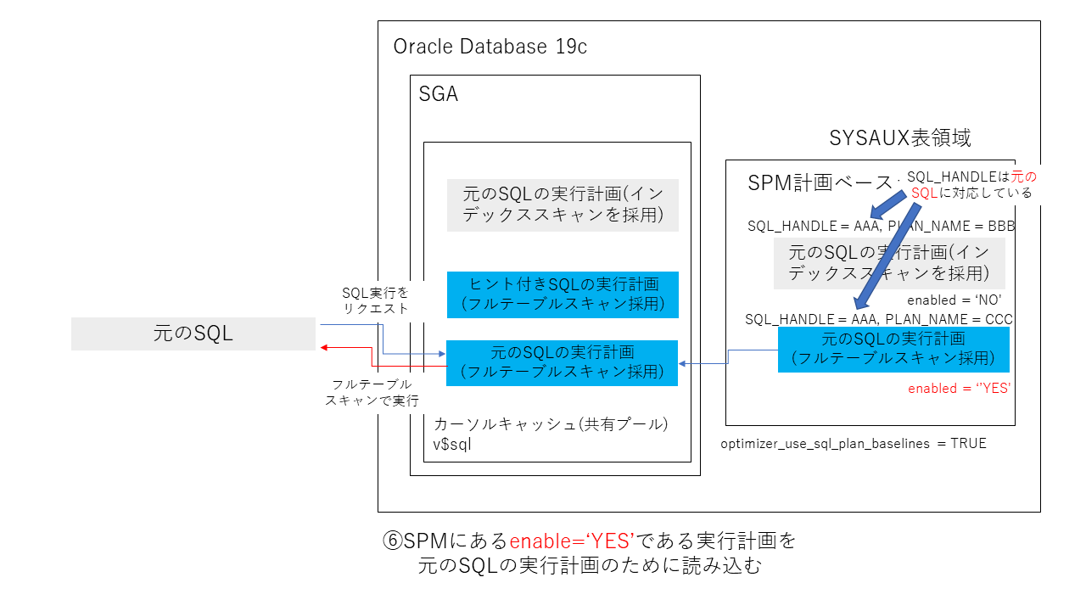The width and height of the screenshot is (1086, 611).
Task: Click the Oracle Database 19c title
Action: (490, 47)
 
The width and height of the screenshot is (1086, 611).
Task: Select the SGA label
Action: (438, 94)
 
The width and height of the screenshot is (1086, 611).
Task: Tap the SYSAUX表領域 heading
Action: (899, 138)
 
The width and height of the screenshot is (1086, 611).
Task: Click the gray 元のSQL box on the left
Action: (193, 334)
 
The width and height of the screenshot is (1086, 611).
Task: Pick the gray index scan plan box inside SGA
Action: (563, 205)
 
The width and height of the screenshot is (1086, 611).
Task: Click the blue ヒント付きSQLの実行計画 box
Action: (563, 294)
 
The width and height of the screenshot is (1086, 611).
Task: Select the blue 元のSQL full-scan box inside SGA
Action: (563, 362)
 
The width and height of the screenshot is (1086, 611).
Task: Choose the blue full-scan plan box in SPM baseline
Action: (893, 349)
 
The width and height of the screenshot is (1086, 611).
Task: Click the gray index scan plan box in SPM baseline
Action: (888, 263)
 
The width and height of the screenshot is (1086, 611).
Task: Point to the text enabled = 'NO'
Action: (954, 300)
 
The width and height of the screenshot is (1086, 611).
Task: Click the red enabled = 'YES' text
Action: (959, 389)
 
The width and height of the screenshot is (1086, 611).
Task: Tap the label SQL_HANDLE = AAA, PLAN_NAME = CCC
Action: (879, 319)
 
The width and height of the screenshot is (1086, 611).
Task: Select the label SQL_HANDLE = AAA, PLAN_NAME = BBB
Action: (881, 227)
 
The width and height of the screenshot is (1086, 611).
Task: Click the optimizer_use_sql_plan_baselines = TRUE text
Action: (854, 444)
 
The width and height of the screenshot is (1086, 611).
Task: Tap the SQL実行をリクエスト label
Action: (375, 300)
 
